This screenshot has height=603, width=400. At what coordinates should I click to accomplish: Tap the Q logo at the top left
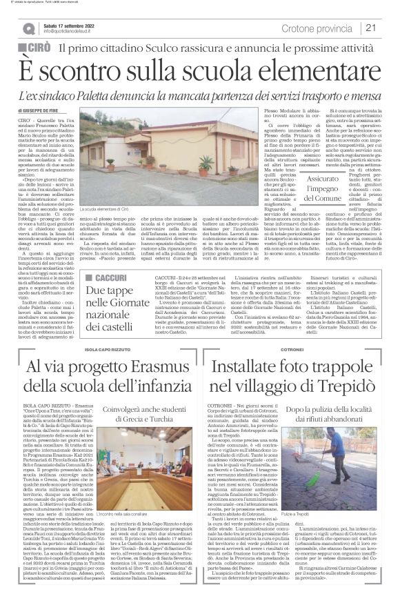click(28, 29)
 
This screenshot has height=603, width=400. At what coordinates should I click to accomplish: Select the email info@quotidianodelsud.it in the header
click(70, 32)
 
